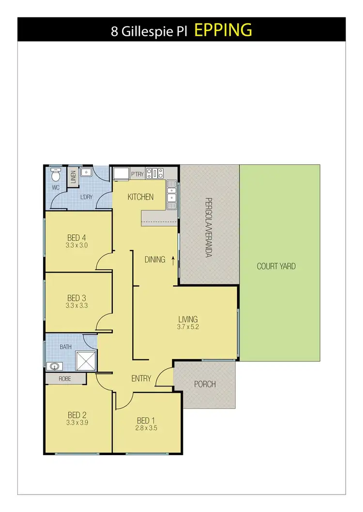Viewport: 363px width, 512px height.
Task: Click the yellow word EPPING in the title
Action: point(223,30)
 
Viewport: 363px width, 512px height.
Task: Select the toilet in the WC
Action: point(55,173)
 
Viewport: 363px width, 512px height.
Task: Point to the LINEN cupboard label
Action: point(73,177)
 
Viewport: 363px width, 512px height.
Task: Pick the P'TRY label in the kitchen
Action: point(137,175)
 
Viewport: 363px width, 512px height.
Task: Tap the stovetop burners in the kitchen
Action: point(155,173)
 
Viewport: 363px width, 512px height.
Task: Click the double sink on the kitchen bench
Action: point(172,195)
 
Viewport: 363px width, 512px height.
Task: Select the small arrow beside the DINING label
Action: point(173,260)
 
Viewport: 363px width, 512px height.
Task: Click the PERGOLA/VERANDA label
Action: point(210,227)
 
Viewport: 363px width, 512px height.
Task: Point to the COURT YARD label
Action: point(276,266)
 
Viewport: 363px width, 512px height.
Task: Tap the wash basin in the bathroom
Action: point(53,366)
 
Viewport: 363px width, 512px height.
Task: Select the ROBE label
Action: point(65,379)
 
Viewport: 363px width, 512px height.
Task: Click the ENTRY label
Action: point(141,379)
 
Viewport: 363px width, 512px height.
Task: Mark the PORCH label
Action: point(205,384)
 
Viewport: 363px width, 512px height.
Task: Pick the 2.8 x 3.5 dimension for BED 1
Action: point(146,428)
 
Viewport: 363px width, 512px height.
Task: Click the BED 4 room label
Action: point(76,237)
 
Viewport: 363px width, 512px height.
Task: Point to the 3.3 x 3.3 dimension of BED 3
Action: point(76,305)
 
